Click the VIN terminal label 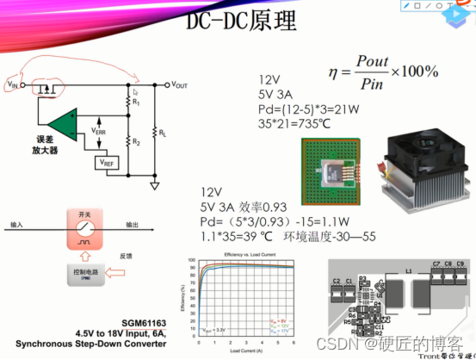point(12,85)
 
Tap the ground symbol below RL point(156,184)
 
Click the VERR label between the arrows point(102,133)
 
